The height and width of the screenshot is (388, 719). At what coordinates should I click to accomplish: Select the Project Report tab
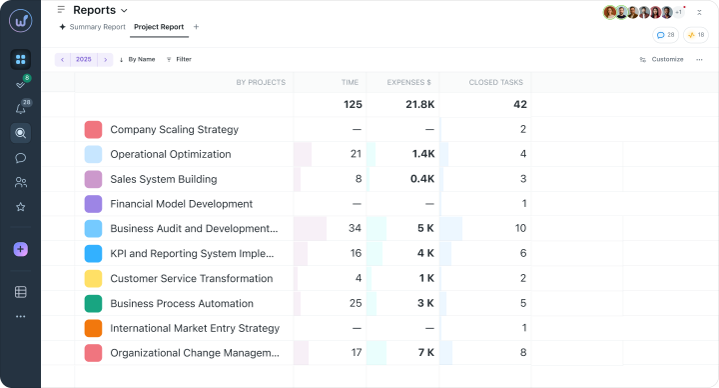tap(159, 27)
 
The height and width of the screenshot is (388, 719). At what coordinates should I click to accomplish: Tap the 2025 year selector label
tap(84, 59)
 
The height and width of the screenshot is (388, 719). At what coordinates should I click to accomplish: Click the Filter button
tap(179, 59)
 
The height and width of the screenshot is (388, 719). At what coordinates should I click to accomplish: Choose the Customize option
tap(662, 59)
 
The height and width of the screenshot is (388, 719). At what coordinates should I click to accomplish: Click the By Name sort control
tap(137, 59)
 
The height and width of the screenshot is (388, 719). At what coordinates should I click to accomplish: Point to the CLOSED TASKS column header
tap(495, 82)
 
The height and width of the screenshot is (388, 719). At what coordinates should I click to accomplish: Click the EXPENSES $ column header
tap(409, 82)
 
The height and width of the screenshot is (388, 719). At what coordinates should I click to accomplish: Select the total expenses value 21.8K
tap(420, 105)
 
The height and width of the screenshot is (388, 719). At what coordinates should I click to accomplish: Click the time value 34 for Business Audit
tap(355, 228)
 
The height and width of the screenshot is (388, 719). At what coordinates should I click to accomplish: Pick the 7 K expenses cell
tap(426, 353)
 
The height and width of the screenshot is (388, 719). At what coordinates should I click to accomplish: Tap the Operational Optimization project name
tap(171, 154)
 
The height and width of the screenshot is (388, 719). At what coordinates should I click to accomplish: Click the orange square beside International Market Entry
tap(93, 328)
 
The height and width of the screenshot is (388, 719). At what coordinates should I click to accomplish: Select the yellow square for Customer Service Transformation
tap(93, 279)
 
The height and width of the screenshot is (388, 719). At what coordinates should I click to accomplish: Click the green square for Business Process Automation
tap(93, 304)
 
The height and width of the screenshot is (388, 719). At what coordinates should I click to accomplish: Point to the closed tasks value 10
tap(520, 228)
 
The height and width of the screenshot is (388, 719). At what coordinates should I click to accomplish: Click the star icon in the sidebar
tap(21, 207)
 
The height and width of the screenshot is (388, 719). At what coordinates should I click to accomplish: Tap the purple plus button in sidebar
tap(21, 249)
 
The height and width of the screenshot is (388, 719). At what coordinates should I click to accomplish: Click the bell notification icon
tap(21, 109)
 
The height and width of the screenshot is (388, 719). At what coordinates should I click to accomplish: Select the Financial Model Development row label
tap(181, 204)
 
